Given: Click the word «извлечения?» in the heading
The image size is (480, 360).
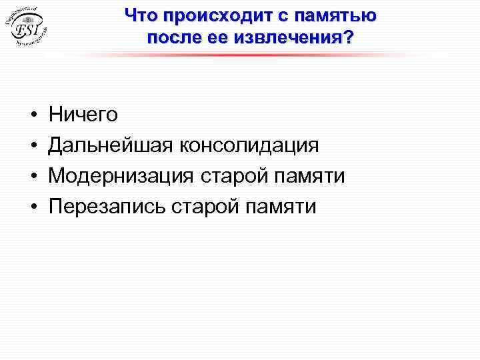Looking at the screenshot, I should click(x=293, y=37).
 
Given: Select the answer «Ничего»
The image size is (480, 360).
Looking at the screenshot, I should click(x=83, y=115).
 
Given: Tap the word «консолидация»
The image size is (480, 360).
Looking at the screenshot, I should click(x=247, y=145).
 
